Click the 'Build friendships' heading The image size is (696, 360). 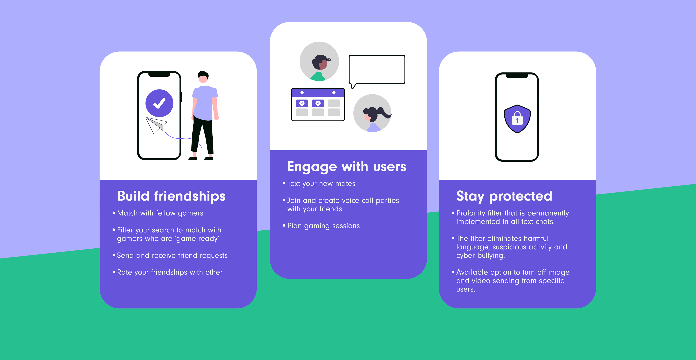(x=171, y=196)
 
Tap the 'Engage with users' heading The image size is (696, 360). (x=347, y=166)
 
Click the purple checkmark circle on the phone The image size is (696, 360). (x=159, y=103)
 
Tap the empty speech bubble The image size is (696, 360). (x=377, y=70)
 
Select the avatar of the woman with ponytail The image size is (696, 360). (x=372, y=113)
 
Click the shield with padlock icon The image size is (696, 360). (x=517, y=119)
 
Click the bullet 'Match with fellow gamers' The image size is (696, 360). (x=160, y=213)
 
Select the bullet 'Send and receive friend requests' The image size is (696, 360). (x=172, y=255)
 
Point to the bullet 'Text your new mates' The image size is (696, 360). (x=321, y=184)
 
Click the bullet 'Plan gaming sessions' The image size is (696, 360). (x=323, y=226)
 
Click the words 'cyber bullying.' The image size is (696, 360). (x=480, y=255)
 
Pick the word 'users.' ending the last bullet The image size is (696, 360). (x=465, y=289)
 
